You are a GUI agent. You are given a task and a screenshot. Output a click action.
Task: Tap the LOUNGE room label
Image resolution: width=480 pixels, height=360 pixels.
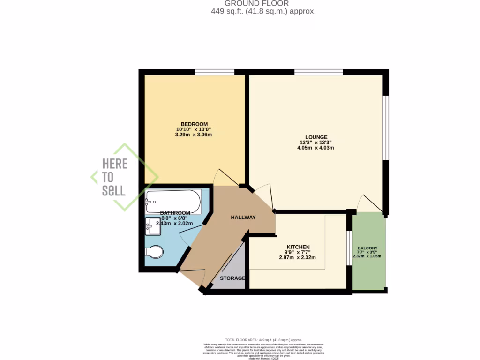[x=316, y=137]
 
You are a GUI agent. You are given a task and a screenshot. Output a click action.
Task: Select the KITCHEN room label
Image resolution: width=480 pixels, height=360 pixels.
[x=298, y=247]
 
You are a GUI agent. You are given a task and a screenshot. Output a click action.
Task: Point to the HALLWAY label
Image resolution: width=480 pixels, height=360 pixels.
[x=243, y=217]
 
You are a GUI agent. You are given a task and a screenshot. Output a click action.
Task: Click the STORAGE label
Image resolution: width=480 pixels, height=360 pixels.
[x=232, y=278]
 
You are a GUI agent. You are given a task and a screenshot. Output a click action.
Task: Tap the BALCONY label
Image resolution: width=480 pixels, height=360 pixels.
[x=368, y=248]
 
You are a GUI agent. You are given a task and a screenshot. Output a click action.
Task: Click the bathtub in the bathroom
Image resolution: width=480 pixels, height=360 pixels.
[x=173, y=202]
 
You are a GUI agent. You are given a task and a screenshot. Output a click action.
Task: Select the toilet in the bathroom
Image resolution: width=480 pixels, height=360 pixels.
[x=154, y=252]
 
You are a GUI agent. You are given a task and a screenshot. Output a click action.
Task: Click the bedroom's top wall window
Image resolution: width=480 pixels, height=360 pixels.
[x=214, y=72]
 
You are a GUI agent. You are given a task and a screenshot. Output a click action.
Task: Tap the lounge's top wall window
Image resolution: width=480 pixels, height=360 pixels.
[x=318, y=72]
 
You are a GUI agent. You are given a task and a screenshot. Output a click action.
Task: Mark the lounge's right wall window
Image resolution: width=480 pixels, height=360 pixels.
[x=386, y=127]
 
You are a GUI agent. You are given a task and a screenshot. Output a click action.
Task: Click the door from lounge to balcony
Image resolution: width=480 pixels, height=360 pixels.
[x=370, y=202]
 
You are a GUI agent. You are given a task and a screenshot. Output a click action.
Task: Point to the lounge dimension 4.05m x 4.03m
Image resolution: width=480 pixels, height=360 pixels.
[x=316, y=148]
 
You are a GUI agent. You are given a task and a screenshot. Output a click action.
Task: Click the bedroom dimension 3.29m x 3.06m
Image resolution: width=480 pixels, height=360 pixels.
[x=194, y=135]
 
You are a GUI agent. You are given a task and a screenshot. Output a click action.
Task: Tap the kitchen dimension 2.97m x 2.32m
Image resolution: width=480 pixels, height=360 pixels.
[x=298, y=257]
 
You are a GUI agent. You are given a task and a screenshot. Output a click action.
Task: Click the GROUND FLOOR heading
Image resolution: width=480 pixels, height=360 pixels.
[x=263, y=3]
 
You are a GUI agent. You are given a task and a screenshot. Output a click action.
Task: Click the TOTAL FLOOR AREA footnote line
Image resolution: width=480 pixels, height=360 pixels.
[x=263, y=339]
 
